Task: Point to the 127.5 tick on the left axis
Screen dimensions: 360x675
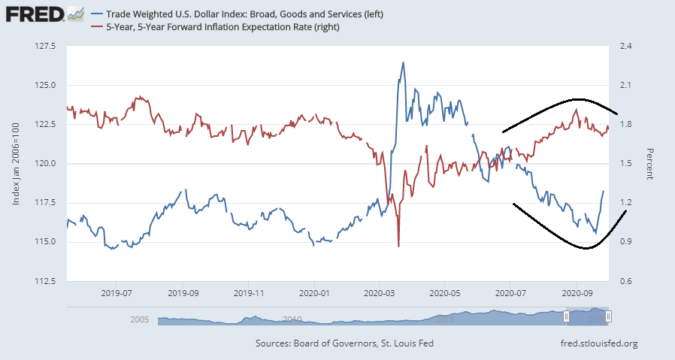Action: [x=46, y=46]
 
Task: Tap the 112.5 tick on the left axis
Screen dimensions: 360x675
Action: [x=46, y=281]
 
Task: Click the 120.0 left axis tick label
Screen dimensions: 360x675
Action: [x=46, y=163]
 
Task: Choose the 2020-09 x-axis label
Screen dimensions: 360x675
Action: [x=576, y=292]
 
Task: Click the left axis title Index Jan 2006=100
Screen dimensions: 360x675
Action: [x=16, y=163]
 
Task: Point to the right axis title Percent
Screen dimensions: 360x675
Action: [x=650, y=163]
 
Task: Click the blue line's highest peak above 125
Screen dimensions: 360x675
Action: [x=403, y=63]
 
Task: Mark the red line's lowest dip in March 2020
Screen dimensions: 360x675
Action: [x=398, y=245]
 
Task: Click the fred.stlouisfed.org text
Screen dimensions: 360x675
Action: [x=594, y=344]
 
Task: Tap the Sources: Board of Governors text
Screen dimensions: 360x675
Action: [x=344, y=344]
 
